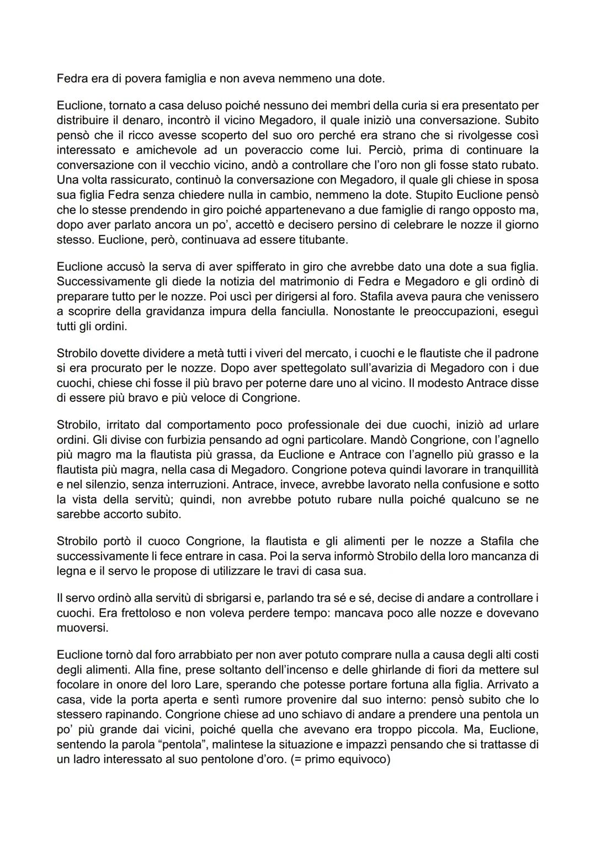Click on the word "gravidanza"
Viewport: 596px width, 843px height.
point(173,311)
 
